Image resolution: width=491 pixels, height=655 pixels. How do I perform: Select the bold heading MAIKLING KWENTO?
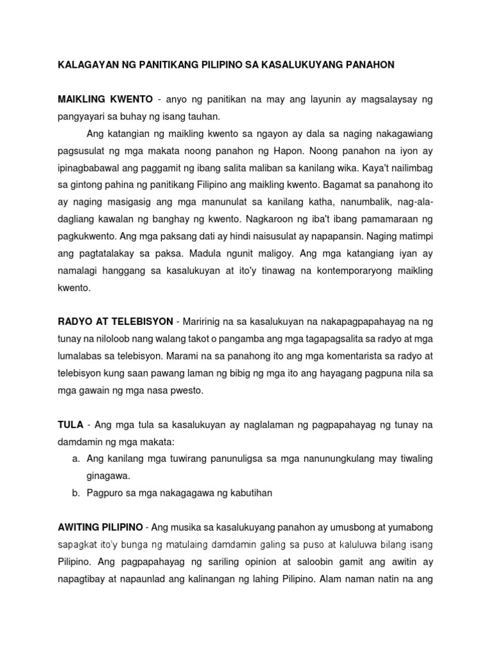(105, 99)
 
